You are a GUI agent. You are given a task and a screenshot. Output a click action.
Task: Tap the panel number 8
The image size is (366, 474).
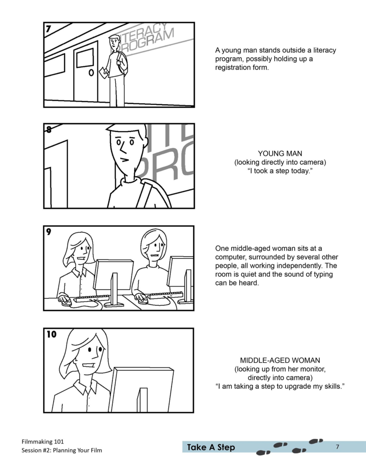click(x=49, y=129)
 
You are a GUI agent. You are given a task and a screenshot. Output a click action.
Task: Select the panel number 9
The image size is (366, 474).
click(x=49, y=232)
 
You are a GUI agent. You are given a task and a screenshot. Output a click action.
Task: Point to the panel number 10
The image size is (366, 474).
click(x=51, y=334)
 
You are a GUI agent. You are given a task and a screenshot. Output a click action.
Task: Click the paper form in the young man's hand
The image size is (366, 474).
click(x=103, y=72)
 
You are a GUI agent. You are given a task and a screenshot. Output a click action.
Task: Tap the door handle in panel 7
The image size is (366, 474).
click(x=91, y=73)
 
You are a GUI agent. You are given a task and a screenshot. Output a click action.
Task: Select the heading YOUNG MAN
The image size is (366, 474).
click(x=280, y=154)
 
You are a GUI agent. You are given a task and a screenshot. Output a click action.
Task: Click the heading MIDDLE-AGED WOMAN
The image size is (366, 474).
click(x=280, y=360)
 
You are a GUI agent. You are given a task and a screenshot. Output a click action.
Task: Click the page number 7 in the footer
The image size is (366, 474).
click(x=337, y=447)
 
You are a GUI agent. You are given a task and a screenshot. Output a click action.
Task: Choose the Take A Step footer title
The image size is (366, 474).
click(x=210, y=447)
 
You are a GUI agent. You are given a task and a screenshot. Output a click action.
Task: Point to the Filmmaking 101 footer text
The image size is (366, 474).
click(x=43, y=442)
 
